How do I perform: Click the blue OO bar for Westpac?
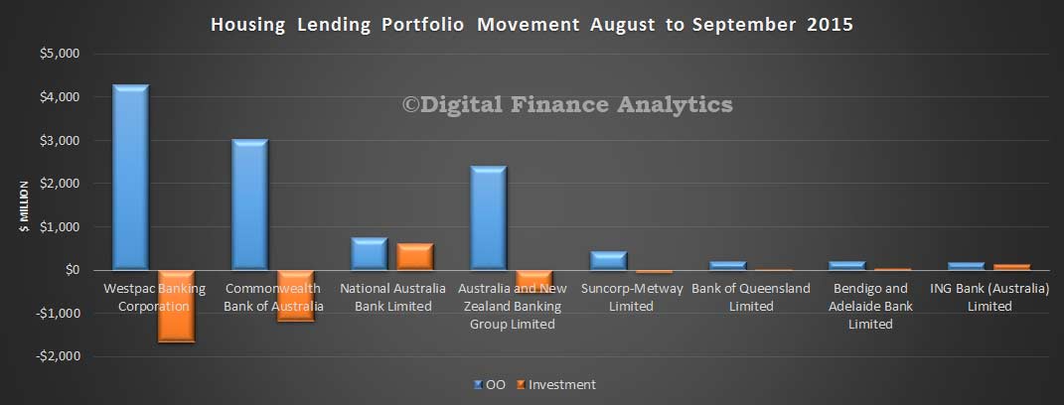pyautogui.click(x=130, y=177)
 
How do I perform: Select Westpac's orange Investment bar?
pyautogui.click(x=177, y=307)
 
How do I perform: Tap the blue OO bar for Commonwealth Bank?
pyautogui.click(x=249, y=204)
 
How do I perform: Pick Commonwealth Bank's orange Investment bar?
pyautogui.click(x=296, y=296)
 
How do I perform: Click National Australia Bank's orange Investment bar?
pyautogui.click(x=415, y=256)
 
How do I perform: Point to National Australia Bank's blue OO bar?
pyautogui.click(x=370, y=254)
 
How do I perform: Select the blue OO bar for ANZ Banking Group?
pyautogui.click(x=489, y=217)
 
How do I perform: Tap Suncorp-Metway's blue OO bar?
pyautogui.click(x=608, y=260)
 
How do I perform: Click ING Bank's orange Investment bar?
pyautogui.click(x=1012, y=267)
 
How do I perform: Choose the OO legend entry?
pyautogui.click(x=489, y=384)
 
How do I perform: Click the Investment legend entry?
pyautogui.click(x=556, y=384)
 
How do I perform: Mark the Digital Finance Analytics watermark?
pyautogui.click(x=567, y=104)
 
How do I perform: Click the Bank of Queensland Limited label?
pyautogui.click(x=751, y=297)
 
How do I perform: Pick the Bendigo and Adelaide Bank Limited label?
pyautogui.click(x=870, y=307)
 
